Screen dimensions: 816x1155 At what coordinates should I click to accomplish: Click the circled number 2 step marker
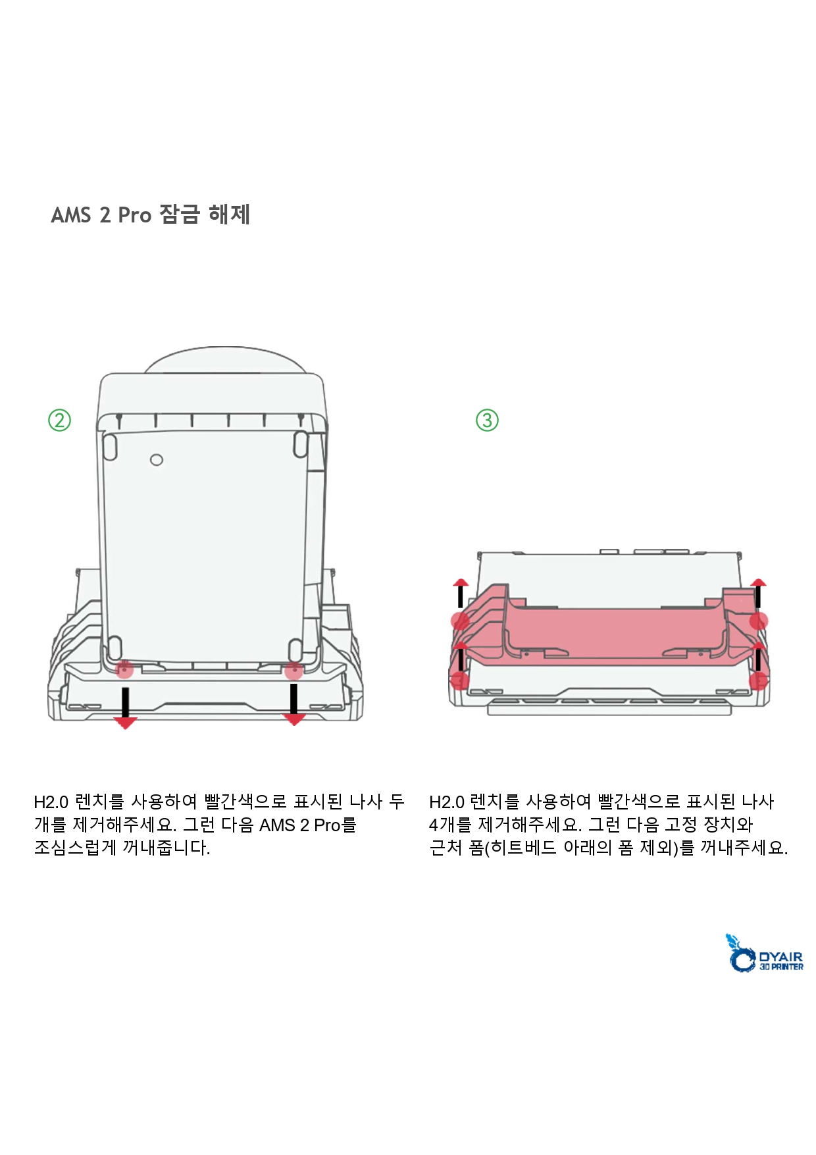tap(60, 420)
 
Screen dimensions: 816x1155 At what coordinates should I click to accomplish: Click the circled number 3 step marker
tap(487, 420)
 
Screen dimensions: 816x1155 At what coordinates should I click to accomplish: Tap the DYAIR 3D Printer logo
tap(764, 953)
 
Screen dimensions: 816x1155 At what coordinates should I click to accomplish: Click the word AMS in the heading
tap(70, 215)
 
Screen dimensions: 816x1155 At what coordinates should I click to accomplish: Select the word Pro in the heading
tap(135, 215)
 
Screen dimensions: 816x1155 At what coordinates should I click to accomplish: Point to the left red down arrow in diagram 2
tap(125, 707)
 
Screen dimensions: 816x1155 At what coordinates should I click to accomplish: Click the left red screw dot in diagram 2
tap(124, 670)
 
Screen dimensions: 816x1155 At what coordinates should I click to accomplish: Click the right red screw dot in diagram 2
tap(293, 671)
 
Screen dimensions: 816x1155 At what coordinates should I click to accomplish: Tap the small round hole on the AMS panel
tap(157, 459)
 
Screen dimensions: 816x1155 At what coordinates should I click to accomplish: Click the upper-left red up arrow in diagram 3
tap(461, 593)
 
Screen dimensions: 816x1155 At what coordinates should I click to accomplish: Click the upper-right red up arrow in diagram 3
tap(758, 593)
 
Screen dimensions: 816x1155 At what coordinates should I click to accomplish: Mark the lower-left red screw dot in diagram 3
tap(459, 680)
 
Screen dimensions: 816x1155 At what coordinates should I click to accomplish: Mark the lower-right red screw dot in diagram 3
tap(759, 680)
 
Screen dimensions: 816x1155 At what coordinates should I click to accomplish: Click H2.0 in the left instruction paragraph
tap(51, 802)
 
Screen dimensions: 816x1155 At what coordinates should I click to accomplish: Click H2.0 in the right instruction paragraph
tap(447, 802)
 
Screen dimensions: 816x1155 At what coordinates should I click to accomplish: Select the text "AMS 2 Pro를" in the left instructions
tap(308, 825)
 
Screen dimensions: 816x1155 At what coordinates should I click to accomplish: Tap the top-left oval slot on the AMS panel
tap(111, 446)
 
